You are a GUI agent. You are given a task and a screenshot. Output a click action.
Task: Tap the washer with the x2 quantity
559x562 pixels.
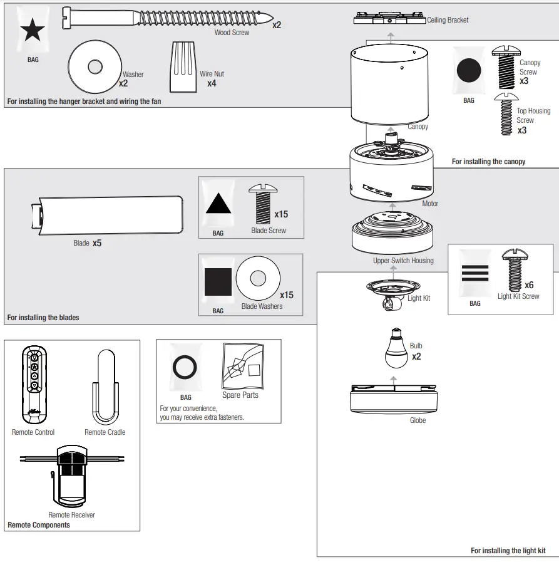click(x=95, y=66)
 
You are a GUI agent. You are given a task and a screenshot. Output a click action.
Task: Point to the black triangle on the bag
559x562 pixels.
click(x=218, y=205)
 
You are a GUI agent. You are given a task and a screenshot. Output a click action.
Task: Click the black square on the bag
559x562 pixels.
click(x=218, y=282)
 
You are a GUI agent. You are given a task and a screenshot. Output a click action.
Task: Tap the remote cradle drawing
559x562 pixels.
click(x=105, y=388)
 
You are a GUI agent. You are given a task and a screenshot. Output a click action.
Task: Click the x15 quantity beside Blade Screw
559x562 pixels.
click(x=281, y=214)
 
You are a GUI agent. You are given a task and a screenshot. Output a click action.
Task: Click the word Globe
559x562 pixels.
click(x=418, y=420)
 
